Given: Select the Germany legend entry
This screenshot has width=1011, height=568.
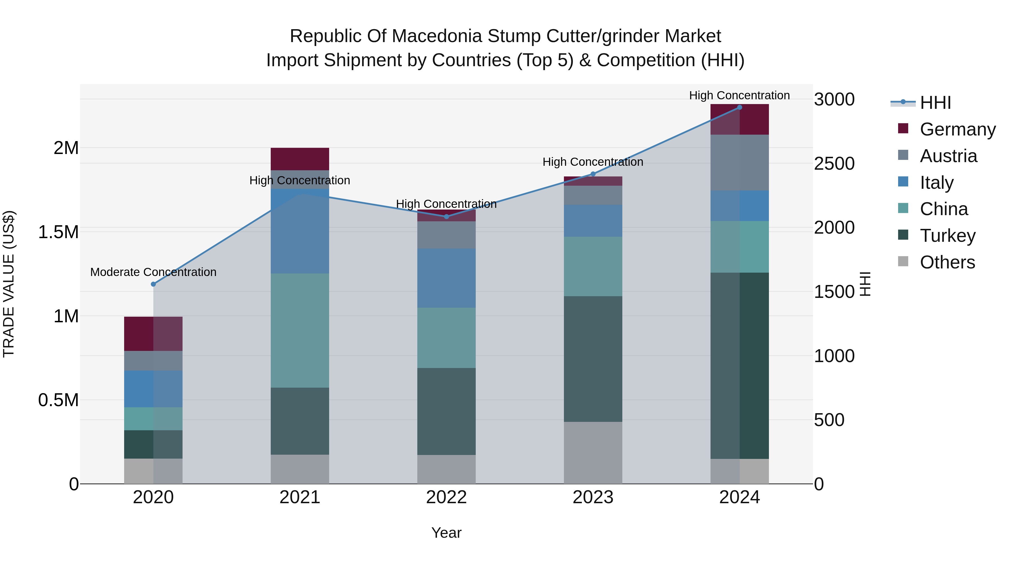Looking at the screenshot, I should (x=957, y=129).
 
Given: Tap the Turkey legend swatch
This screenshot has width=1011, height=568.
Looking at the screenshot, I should (x=903, y=235).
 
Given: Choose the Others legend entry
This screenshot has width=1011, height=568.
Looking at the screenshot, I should (x=947, y=262).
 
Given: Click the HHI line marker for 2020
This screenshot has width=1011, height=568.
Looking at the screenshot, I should (x=153, y=284).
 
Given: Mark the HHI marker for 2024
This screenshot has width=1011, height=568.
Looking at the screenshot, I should (x=739, y=107).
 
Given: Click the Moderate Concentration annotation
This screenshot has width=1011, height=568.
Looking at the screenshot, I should (x=153, y=272).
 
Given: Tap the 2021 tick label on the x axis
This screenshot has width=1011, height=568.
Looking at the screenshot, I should (x=300, y=497).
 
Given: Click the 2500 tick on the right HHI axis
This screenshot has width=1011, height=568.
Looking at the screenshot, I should (x=834, y=164).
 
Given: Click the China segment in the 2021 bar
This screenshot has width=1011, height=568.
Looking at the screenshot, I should (x=300, y=330).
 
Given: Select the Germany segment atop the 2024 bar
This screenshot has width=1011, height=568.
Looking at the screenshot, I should (x=739, y=119).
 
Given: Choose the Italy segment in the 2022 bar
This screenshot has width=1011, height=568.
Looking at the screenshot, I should (x=446, y=278).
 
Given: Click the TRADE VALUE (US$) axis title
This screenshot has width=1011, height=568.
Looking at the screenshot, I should (x=9, y=284).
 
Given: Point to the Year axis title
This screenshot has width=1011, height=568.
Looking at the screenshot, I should (x=446, y=533).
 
